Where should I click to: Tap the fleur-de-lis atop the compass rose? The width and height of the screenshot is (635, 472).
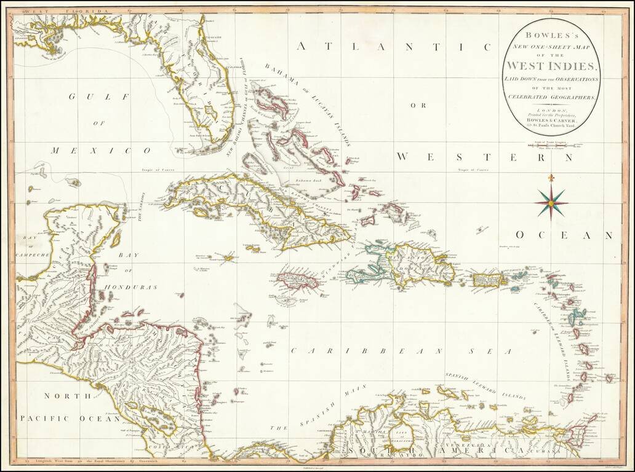point(551,179)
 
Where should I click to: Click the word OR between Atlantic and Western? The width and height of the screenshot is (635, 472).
point(419,105)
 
